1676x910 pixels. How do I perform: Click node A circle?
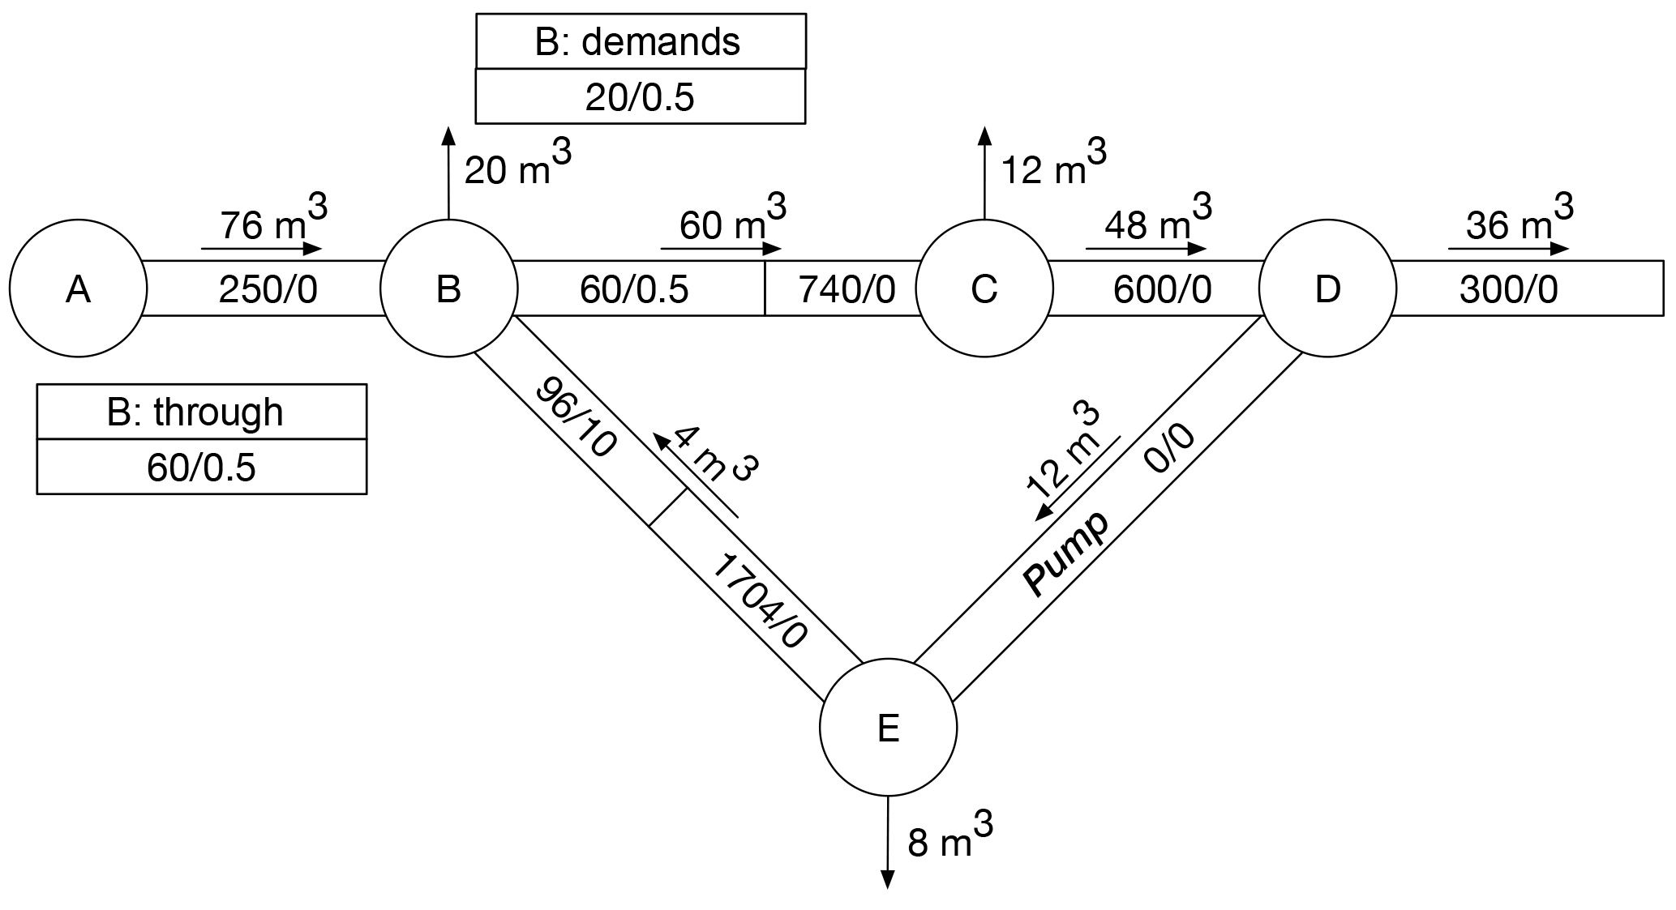point(78,288)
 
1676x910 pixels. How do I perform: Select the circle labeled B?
point(448,288)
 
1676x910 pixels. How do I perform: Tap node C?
point(984,288)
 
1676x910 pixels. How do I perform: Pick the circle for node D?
point(1327,288)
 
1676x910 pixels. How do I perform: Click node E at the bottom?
point(888,728)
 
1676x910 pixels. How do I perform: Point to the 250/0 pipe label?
point(268,289)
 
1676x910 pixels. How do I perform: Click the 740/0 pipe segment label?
point(847,289)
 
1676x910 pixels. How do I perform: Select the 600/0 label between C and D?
point(1162,289)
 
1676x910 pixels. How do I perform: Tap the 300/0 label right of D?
point(1508,289)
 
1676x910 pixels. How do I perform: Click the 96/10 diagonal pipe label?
point(577,417)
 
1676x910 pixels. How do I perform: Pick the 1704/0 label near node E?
point(759,600)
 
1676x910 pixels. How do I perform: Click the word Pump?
point(1065,553)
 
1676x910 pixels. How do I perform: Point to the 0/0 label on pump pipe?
point(1169,449)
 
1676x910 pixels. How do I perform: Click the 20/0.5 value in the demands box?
point(640,97)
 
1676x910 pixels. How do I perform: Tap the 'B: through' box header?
point(195,412)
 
